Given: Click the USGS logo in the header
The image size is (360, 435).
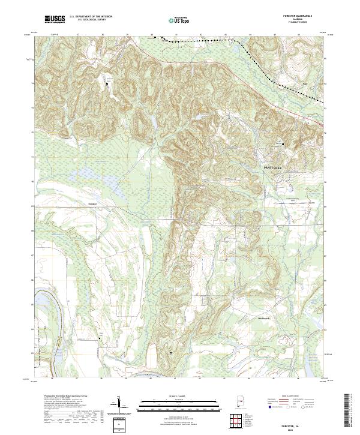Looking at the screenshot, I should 54,20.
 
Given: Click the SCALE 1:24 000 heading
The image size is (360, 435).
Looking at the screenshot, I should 178,397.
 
